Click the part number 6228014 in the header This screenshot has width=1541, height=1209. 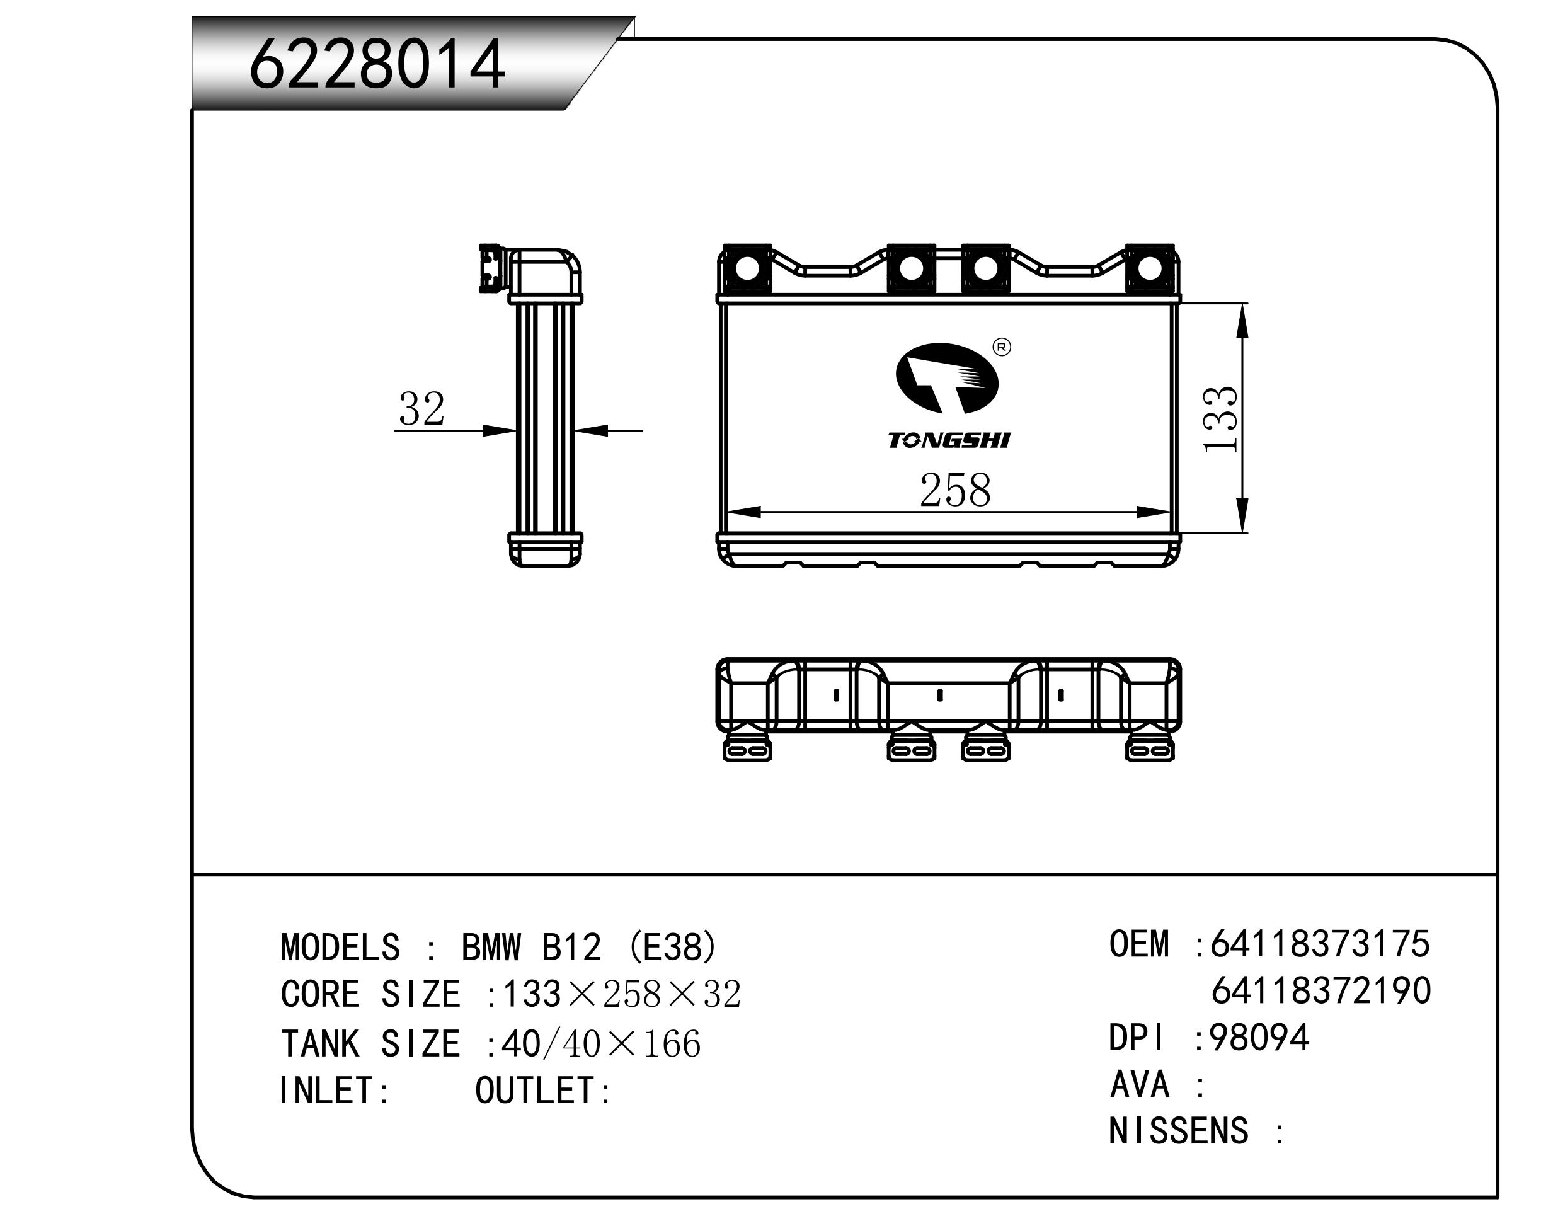(377, 65)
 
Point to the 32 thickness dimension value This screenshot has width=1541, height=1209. (421, 408)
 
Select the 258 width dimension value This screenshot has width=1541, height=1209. (954, 490)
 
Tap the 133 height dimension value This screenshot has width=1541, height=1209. (1221, 419)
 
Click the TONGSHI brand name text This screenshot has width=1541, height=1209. (949, 440)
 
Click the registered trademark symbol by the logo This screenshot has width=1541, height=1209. (1002, 347)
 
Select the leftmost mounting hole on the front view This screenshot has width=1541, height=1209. (746, 269)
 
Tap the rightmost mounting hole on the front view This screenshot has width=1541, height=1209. (1150, 269)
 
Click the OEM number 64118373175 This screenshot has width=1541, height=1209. (1320, 944)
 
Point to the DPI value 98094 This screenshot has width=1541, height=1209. (1259, 1038)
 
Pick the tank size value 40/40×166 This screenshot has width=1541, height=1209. (601, 1044)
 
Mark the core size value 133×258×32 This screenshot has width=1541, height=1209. (621, 995)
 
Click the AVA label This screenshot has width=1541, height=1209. (1140, 1084)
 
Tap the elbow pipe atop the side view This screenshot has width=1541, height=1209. (545, 273)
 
